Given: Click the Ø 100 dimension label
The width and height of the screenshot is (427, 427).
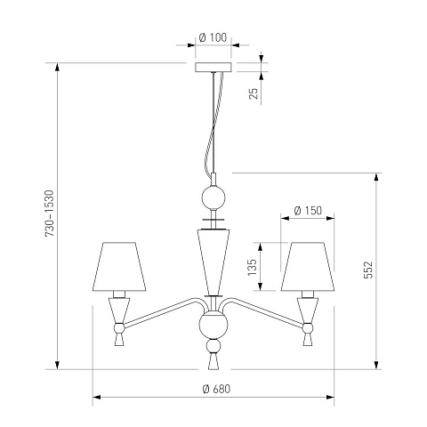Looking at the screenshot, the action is (x=213, y=37).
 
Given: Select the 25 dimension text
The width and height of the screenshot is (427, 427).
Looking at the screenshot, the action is (x=254, y=93).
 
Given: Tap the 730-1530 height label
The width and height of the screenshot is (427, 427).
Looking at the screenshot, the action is (x=50, y=213).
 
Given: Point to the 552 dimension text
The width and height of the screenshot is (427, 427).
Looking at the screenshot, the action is (x=367, y=270).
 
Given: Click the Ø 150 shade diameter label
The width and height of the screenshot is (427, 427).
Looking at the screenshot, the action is (x=308, y=211).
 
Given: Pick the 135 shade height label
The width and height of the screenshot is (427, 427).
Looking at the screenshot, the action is (x=252, y=267).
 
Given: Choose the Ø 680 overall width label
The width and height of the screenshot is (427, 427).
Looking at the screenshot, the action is (x=216, y=389).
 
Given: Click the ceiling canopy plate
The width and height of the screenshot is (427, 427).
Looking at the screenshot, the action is (x=213, y=67).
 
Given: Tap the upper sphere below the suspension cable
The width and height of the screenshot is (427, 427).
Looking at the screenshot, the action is (x=213, y=197).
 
